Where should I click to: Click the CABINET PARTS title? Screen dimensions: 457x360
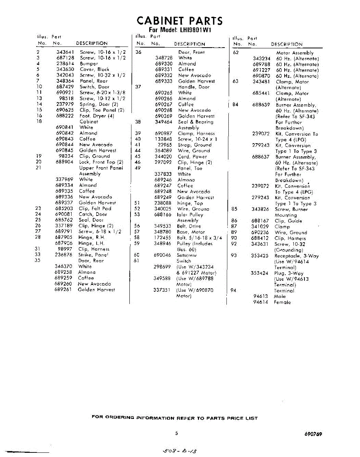(180, 21)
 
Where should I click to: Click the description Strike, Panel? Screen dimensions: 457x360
(94, 255)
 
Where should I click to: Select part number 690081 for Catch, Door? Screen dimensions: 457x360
(64, 214)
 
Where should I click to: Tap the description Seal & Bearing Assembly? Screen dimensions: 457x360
(195, 125)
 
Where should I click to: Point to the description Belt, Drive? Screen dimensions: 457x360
(189, 226)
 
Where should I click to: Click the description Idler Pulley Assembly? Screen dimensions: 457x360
(190, 217)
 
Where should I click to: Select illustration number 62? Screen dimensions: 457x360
(236, 53)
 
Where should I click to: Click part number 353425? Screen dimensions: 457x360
(260, 256)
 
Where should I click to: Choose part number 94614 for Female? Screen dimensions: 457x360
(261, 302)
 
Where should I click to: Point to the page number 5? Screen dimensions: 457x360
(177, 433)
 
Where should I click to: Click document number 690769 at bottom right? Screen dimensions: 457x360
(313, 434)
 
